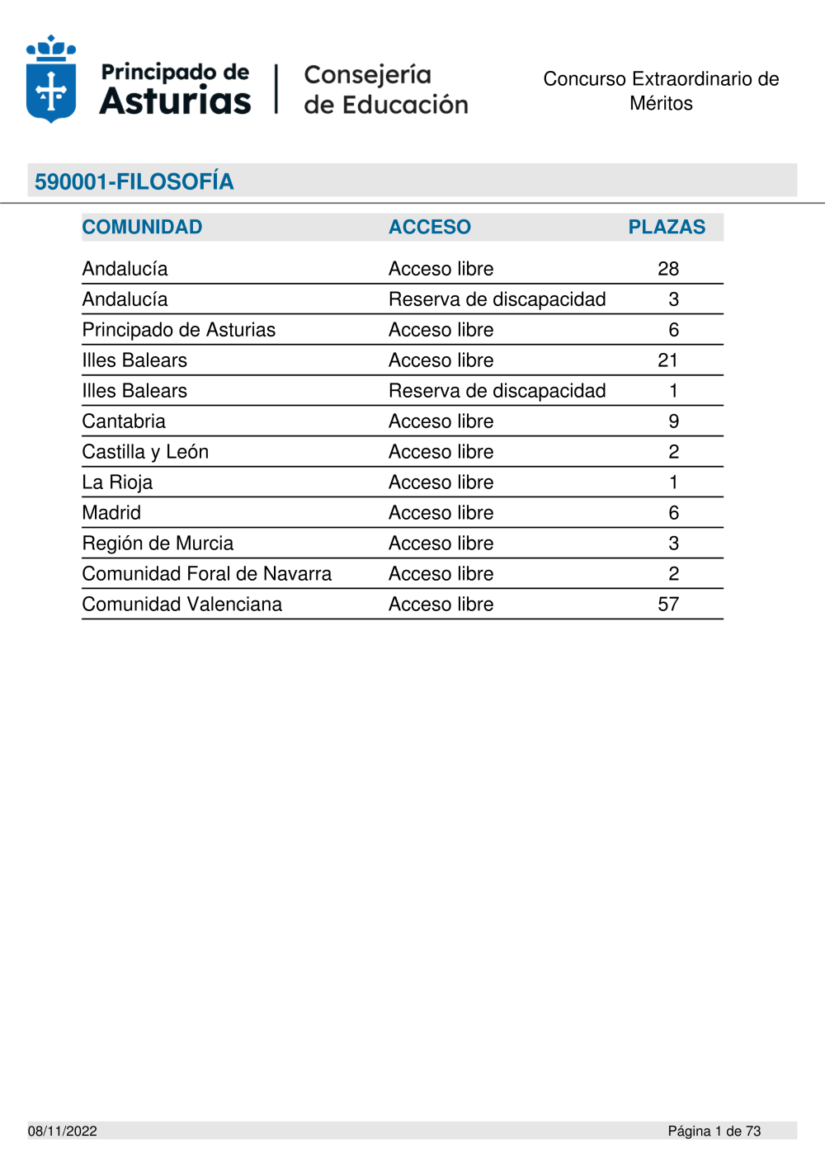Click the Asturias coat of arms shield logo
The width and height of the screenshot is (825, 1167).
(51, 80)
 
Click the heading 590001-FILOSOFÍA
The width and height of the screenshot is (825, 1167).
(134, 181)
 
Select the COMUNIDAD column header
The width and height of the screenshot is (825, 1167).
(142, 227)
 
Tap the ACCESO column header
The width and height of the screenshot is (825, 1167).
(430, 227)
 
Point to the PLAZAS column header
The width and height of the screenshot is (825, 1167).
(667, 227)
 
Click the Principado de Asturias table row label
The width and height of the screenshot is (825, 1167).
(179, 330)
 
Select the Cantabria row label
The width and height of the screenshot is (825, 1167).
(124, 421)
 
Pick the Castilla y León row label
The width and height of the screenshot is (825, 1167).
(145, 452)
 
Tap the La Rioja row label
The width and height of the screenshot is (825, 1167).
(117, 482)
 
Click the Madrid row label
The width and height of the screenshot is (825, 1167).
(111, 513)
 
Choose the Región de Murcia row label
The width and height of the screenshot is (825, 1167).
(158, 544)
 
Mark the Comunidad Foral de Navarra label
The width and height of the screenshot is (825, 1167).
(206, 574)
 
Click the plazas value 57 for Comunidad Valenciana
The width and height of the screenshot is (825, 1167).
(668, 605)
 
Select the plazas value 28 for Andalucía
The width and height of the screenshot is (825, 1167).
(668, 269)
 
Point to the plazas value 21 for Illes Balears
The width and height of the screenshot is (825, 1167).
(668, 360)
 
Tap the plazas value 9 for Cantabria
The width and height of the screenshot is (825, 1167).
(673, 421)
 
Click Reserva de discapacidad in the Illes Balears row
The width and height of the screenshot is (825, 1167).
(497, 391)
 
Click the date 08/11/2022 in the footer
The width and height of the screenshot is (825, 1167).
(63, 1131)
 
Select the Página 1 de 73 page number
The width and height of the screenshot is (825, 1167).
(714, 1131)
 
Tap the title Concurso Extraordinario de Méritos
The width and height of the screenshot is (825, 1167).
(661, 91)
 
